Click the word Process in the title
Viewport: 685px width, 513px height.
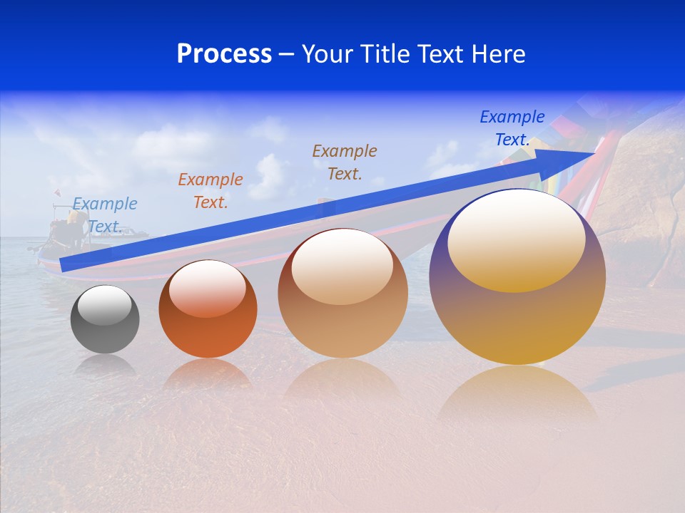click(x=224, y=54)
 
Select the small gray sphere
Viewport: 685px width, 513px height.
click(x=105, y=320)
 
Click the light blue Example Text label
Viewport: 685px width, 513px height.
click(x=105, y=214)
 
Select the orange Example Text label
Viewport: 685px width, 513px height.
click(x=210, y=191)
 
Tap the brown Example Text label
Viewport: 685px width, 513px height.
click(x=345, y=162)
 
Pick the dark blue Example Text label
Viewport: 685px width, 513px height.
click(x=512, y=128)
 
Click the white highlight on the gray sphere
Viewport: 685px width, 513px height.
click(x=104, y=305)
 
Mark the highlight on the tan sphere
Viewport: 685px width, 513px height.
click(x=342, y=266)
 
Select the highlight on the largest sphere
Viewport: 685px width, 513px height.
click(x=516, y=240)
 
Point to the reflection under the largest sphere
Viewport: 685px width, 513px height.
click(x=517, y=395)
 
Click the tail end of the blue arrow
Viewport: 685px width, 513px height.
click(x=66, y=264)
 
